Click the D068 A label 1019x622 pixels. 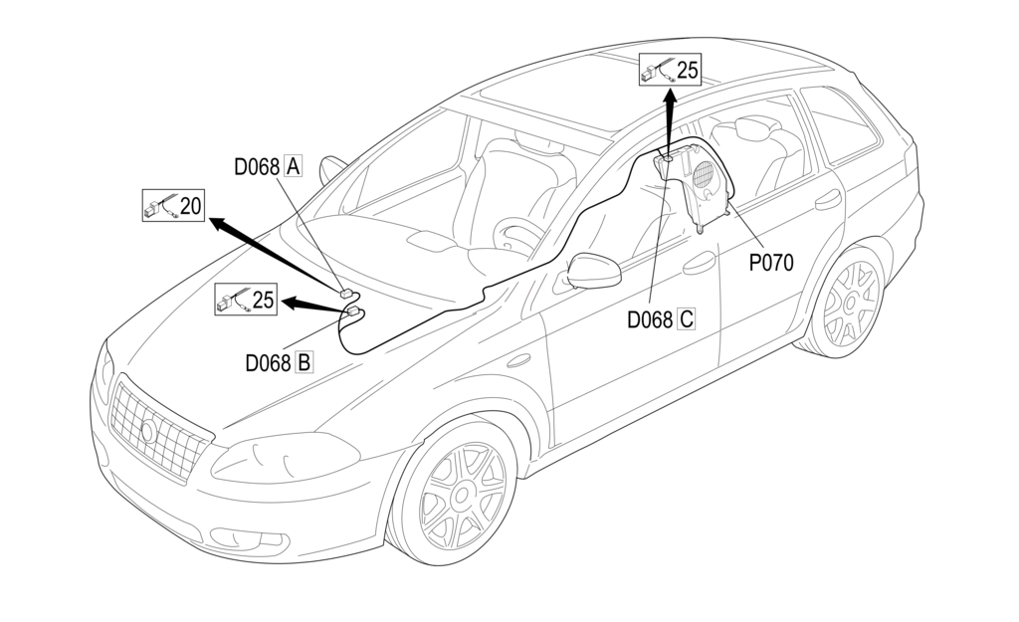pos(268,167)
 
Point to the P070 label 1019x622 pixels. pos(770,264)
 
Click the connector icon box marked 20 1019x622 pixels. pos(173,206)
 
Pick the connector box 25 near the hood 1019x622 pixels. pos(246,299)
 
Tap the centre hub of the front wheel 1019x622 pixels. pos(462,495)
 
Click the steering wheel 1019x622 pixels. pos(518,235)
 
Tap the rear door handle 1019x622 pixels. pos(827,200)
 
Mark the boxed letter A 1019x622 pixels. pos(293,167)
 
